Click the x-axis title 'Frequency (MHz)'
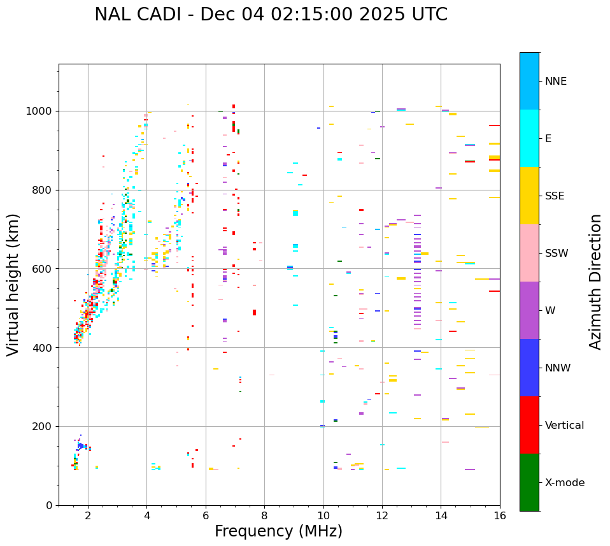click(x=278, y=531)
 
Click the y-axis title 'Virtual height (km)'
click(x=13, y=284)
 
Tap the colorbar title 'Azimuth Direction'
click(x=595, y=282)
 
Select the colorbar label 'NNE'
click(x=556, y=82)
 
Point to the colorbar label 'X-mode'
click(x=565, y=483)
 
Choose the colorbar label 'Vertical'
click(x=564, y=426)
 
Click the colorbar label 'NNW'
click(x=558, y=368)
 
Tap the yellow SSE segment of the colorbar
click(x=529, y=196)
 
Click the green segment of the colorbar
click(x=529, y=482)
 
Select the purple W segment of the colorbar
click(x=529, y=310)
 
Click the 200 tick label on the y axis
click(x=44, y=427)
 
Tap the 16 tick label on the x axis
click(x=500, y=515)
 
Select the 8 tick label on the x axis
click(x=264, y=515)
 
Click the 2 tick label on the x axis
click(x=88, y=515)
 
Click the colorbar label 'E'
click(x=548, y=139)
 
